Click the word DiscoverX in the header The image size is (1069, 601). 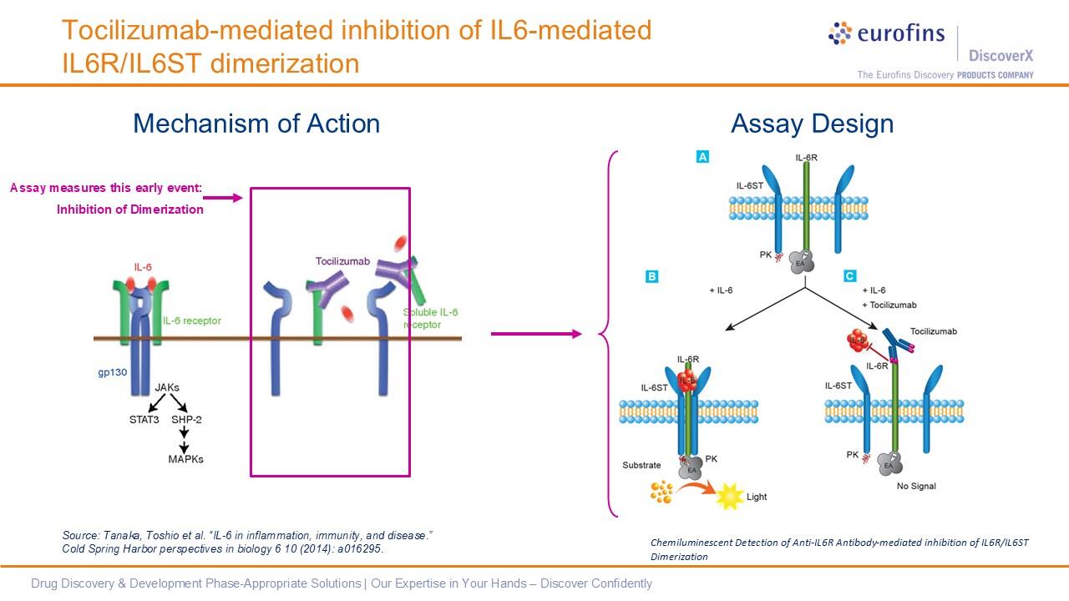1001,56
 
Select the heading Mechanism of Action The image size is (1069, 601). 256,124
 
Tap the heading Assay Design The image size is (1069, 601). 812,124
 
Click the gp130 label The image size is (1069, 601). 109,372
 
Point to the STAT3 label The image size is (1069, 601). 144,419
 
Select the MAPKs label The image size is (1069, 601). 185,458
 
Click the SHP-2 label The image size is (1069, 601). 186,419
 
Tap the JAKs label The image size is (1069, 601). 167,387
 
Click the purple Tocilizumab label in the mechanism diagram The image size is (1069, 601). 342,261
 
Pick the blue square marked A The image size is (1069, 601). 702,157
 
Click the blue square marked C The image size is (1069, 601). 849,275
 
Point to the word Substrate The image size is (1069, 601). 641,464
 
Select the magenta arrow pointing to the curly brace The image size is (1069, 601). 535,334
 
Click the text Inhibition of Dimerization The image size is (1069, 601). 130,210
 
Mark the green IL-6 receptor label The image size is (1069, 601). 191,321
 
